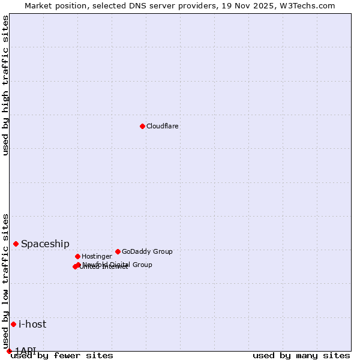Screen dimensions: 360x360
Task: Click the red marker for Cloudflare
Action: coord(142,126)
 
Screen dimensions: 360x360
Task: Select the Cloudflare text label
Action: coord(163,127)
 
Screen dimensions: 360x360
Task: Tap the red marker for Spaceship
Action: coord(16,244)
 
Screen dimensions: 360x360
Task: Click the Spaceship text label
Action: coord(45,244)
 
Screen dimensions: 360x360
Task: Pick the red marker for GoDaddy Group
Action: coord(118,251)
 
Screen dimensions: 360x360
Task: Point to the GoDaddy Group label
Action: coord(147,252)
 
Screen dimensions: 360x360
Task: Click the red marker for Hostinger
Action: coord(77,256)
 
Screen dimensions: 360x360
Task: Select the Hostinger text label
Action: coord(97,257)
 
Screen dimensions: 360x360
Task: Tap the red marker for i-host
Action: coord(13,324)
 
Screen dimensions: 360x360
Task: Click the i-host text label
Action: coord(32,325)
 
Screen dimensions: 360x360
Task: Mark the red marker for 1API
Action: coord(9,351)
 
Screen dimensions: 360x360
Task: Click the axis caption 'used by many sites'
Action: coord(301,356)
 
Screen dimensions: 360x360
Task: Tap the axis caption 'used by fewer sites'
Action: coord(62,356)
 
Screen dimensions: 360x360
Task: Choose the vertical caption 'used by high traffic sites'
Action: coord(6,85)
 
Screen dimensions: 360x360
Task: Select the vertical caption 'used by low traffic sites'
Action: coord(6,277)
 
